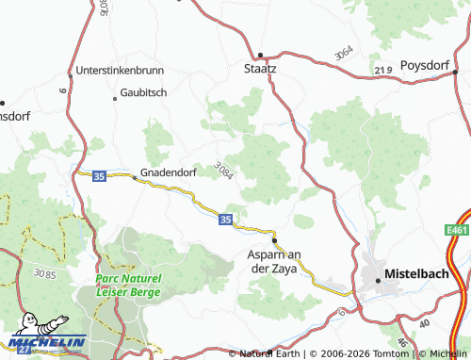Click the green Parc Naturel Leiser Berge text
tap(130, 285)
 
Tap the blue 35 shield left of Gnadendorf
tap(99, 174)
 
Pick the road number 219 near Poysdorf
tap(383, 70)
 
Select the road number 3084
tap(223, 172)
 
